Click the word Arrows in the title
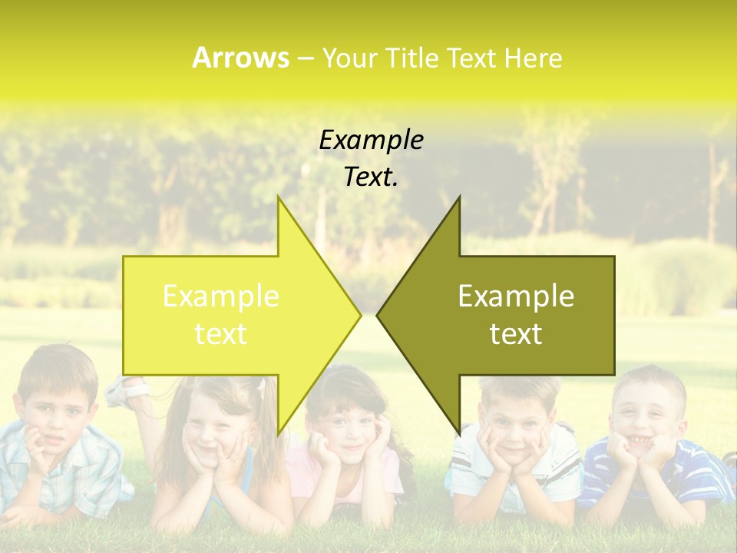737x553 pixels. pos(240,58)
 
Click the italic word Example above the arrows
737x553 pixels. pos(371,140)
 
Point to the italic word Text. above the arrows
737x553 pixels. pos(371,177)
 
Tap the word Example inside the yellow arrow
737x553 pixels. pos(221,296)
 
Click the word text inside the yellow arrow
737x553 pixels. pos(221,333)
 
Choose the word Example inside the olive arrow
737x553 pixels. pos(516,296)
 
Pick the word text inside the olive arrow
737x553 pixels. pos(516,333)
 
